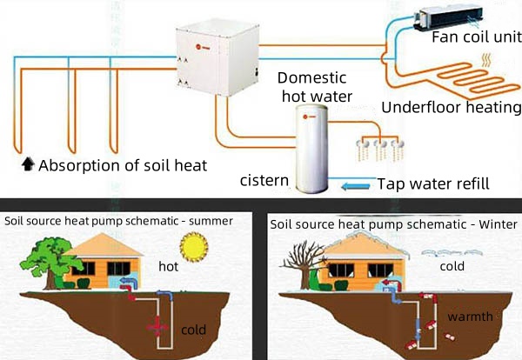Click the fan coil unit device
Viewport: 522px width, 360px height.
click(x=448, y=17)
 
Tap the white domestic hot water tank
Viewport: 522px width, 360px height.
click(x=312, y=149)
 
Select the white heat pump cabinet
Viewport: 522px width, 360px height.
click(x=217, y=57)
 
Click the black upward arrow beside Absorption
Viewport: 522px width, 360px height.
click(x=28, y=164)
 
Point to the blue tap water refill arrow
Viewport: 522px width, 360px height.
click(x=356, y=186)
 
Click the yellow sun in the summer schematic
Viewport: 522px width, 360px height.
click(x=194, y=247)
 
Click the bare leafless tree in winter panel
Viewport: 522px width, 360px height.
click(x=303, y=264)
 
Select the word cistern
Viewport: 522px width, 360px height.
click(x=264, y=181)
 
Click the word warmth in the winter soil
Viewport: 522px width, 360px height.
click(x=470, y=317)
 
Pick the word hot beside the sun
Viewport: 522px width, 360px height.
click(x=169, y=266)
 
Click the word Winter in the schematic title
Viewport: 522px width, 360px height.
click(x=498, y=224)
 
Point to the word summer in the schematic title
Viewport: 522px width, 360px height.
click(x=211, y=221)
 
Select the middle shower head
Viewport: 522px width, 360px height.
click(x=380, y=143)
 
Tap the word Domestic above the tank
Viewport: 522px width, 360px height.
click(x=312, y=78)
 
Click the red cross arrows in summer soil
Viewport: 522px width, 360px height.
click(x=157, y=328)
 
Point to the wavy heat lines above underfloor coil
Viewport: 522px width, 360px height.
click(x=486, y=60)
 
